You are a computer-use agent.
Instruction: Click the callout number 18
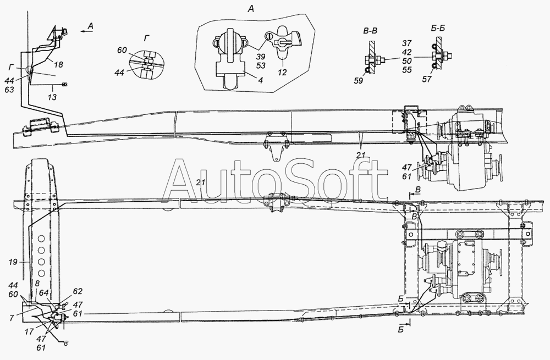59,64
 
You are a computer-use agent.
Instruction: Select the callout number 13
52,97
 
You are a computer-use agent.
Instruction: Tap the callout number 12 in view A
282,72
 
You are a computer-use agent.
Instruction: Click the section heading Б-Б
437,29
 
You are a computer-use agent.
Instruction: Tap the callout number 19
13,262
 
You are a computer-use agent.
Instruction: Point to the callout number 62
78,291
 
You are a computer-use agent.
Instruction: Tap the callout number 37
407,43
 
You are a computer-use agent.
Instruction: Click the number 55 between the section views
407,70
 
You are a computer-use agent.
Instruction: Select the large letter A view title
251,9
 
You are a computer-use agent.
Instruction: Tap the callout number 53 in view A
261,65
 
